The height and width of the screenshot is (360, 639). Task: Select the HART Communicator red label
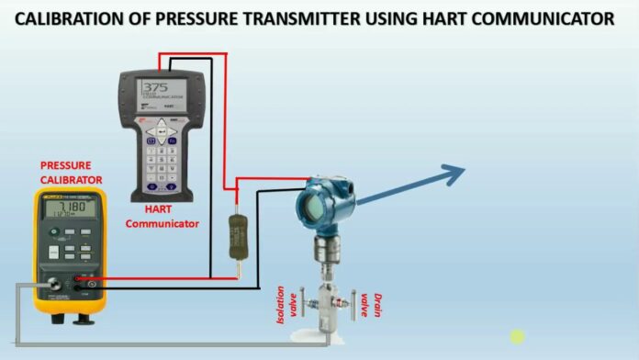pos(162,216)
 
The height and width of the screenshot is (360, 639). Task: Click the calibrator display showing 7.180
pos(70,214)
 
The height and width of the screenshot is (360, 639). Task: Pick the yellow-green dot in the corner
pos(518,337)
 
